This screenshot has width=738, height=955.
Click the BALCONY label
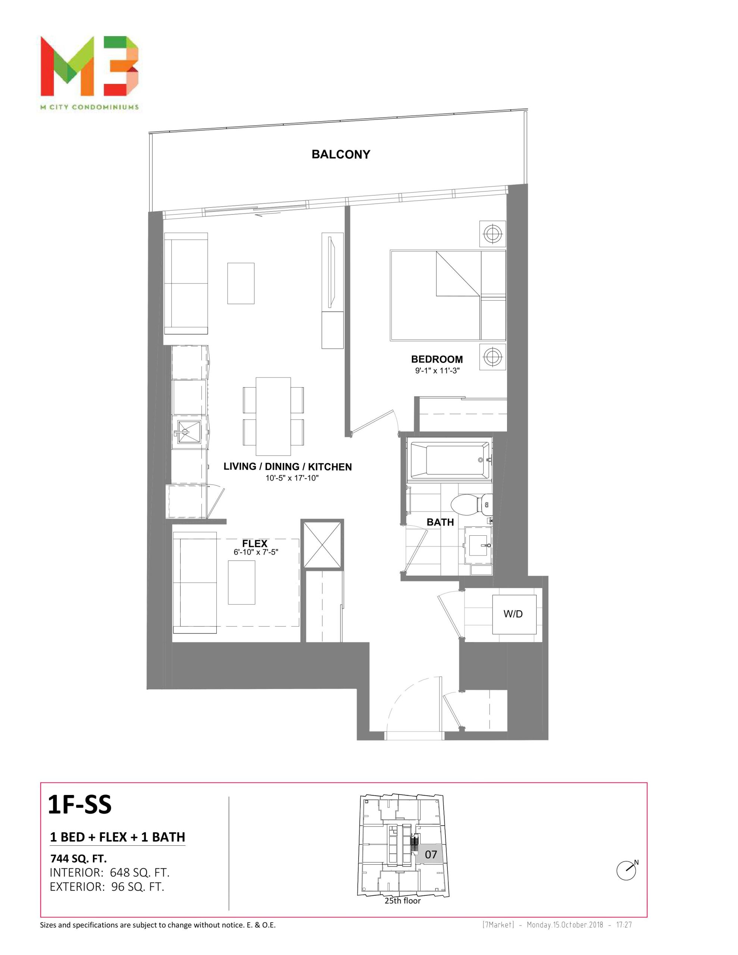[x=341, y=154]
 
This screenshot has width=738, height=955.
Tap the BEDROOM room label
[x=437, y=360]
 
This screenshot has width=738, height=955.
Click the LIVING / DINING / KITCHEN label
[x=287, y=467]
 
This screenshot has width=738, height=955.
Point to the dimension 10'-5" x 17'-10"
[x=292, y=478]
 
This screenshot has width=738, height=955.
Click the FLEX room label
[x=254, y=544]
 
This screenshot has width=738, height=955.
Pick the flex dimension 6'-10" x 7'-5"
[x=256, y=552]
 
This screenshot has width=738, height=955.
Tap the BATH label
[x=440, y=522]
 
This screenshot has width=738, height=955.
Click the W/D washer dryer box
[x=514, y=614]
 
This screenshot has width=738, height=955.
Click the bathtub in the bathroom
[x=449, y=460]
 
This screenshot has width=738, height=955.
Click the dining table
[x=273, y=416]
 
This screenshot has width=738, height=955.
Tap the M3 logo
[x=90, y=66]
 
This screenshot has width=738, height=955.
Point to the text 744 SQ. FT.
[x=79, y=858]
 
